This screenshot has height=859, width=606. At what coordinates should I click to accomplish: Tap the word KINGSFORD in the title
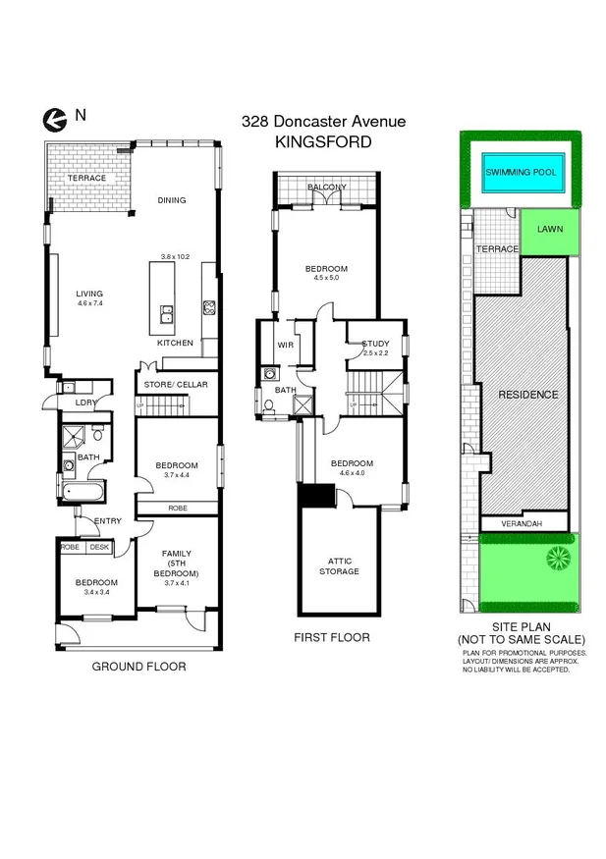pyautogui.click(x=322, y=141)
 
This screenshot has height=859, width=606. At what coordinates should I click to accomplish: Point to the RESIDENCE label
pyautogui.click(x=527, y=395)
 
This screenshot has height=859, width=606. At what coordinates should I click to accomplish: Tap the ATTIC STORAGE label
pyautogui.click(x=337, y=565)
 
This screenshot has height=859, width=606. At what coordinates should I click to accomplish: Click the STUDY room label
pyautogui.click(x=376, y=342)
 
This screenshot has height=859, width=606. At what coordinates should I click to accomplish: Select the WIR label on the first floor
pyautogui.click(x=286, y=346)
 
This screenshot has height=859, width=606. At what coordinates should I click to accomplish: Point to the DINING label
pyautogui.click(x=172, y=200)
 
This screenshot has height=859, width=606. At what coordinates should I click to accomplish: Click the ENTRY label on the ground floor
pyautogui.click(x=107, y=521)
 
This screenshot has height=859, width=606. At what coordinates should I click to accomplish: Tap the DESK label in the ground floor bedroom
pyautogui.click(x=98, y=548)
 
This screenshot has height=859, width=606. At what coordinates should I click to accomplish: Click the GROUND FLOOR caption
pyautogui.click(x=138, y=667)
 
